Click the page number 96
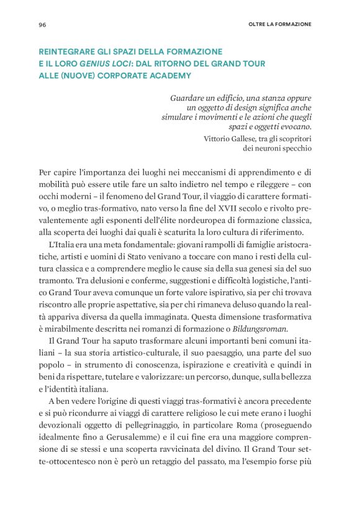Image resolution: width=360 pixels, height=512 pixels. (x=42, y=25)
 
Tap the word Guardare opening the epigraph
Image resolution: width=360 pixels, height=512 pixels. (x=189, y=98)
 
